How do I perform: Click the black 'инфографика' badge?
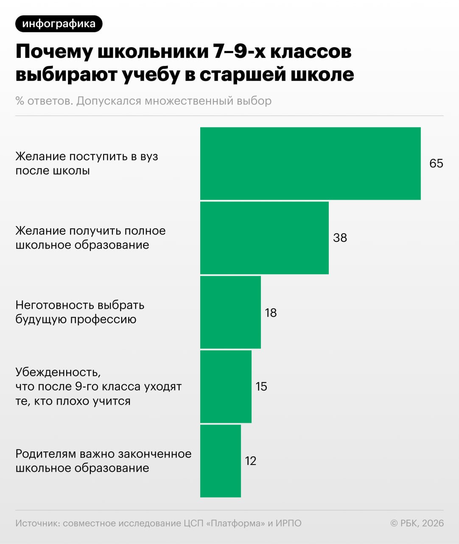[59, 24]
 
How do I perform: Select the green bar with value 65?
[310, 164]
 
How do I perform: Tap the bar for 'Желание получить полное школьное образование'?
[264, 238]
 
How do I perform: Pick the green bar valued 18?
[230, 312]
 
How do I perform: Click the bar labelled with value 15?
[226, 386]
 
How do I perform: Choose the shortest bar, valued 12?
[221, 461]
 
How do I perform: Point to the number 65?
[436, 164]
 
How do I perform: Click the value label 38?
[340, 238]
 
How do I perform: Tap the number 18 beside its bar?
[271, 313]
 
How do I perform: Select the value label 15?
[261, 386]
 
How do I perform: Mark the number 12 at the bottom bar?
[251, 461]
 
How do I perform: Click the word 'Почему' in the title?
[54, 52]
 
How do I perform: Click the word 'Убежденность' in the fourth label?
[58, 372]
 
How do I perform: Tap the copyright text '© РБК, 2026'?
[417, 523]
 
